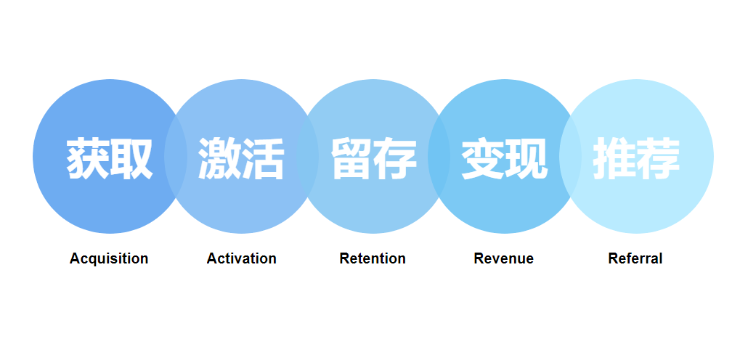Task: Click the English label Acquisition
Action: [x=109, y=258]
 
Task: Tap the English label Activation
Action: [x=241, y=258]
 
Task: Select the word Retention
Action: [x=373, y=258]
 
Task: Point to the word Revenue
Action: [x=503, y=258]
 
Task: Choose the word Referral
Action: [x=635, y=258]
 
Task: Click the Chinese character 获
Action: [x=88, y=158]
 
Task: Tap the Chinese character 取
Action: [x=131, y=158]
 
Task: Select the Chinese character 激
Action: [x=219, y=158]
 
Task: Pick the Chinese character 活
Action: [x=263, y=158]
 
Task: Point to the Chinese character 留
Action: [x=351, y=158]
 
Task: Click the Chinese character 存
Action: [x=395, y=158]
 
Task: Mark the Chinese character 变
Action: [x=483, y=158]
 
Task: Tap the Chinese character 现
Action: [x=526, y=158]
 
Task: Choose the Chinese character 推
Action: [x=614, y=158]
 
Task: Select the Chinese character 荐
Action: [x=658, y=158]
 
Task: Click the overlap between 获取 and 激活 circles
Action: [x=176, y=156]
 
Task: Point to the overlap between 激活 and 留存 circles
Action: [x=307, y=156]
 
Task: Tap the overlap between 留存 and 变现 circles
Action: [x=439, y=156]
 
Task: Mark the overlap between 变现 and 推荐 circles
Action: [x=570, y=156]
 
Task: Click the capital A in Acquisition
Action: [x=75, y=258]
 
